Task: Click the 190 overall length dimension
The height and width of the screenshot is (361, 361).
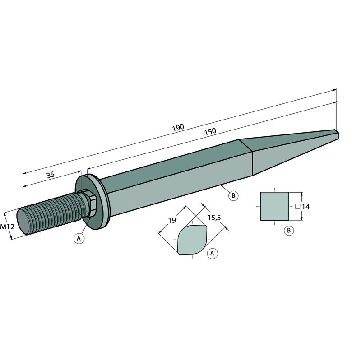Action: point(178,128)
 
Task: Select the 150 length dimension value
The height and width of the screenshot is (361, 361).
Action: point(210,131)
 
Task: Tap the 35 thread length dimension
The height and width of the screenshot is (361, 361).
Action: point(51,175)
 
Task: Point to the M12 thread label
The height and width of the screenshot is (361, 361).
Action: point(7,227)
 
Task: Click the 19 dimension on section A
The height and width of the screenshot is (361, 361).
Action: point(172,220)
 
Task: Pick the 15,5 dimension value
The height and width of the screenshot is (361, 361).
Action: point(214,218)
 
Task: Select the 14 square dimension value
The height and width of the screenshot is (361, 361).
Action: point(305,207)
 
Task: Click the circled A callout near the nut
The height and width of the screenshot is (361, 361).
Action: point(79,238)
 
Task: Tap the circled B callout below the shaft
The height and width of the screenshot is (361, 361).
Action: point(233,196)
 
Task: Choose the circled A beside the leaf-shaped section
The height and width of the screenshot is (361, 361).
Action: point(212,254)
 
